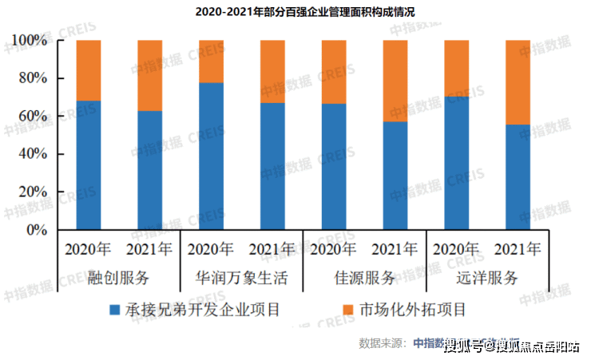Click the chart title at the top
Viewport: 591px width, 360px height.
tap(295, 11)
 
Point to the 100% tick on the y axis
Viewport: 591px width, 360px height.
tap(31, 41)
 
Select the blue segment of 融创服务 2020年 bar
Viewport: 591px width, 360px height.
tap(89, 165)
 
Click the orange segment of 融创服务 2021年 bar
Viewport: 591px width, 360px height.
tap(149, 75)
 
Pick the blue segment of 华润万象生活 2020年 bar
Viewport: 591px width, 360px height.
tap(211, 156)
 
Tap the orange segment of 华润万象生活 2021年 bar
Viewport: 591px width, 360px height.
tap(272, 71)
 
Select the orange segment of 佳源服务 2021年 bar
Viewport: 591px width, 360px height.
tap(395, 81)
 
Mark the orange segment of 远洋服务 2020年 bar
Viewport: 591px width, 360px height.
tap(456, 68)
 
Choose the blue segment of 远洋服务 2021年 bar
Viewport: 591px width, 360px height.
tap(518, 177)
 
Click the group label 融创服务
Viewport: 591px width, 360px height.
tap(119, 279)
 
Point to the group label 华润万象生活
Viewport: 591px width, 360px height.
tap(241, 279)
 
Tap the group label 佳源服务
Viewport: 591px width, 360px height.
tap(364, 279)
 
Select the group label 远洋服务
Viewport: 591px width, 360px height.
tap(487, 279)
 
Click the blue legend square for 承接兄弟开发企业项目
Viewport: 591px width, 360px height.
tap(114, 309)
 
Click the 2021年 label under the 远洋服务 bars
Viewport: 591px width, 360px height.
tap(518, 249)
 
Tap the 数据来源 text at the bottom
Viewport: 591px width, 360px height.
tap(383, 343)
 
